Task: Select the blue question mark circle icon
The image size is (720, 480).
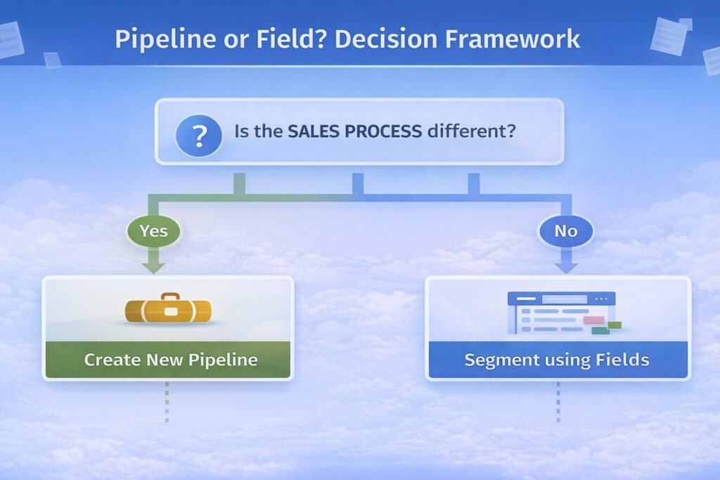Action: click(x=199, y=132)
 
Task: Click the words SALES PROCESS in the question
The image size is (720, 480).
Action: click(x=354, y=131)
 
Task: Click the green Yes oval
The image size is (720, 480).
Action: click(x=153, y=231)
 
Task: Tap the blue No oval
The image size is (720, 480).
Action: click(x=566, y=231)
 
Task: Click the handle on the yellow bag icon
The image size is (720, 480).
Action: click(x=168, y=297)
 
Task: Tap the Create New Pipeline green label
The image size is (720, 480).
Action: click(x=170, y=361)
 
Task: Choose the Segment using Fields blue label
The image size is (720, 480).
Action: click(x=557, y=361)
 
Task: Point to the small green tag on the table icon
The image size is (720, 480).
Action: click(x=614, y=325)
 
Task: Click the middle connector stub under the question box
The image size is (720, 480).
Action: click(x=357, y=183)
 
